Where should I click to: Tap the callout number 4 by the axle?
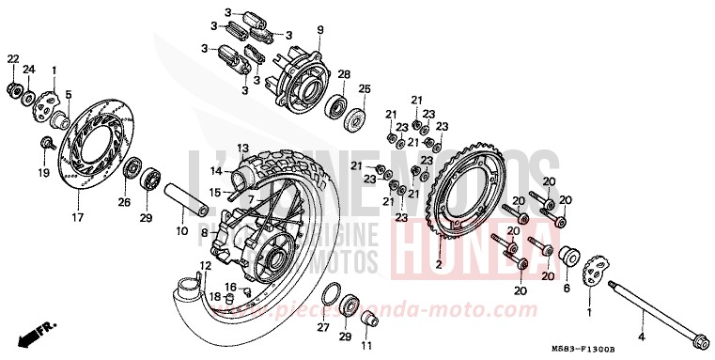642,336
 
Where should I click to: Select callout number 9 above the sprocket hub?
319,30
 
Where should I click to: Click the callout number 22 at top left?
13,59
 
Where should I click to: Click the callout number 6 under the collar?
567,290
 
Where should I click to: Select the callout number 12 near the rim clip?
204,265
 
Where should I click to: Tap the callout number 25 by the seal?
365,89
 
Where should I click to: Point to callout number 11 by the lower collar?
366,346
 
